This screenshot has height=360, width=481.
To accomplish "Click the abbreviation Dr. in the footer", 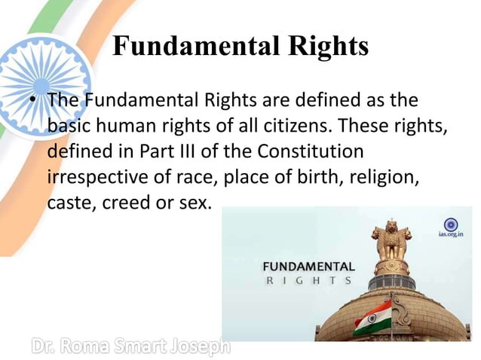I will coord(47,346).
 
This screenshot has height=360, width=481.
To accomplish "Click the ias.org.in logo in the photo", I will coord(451,227).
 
